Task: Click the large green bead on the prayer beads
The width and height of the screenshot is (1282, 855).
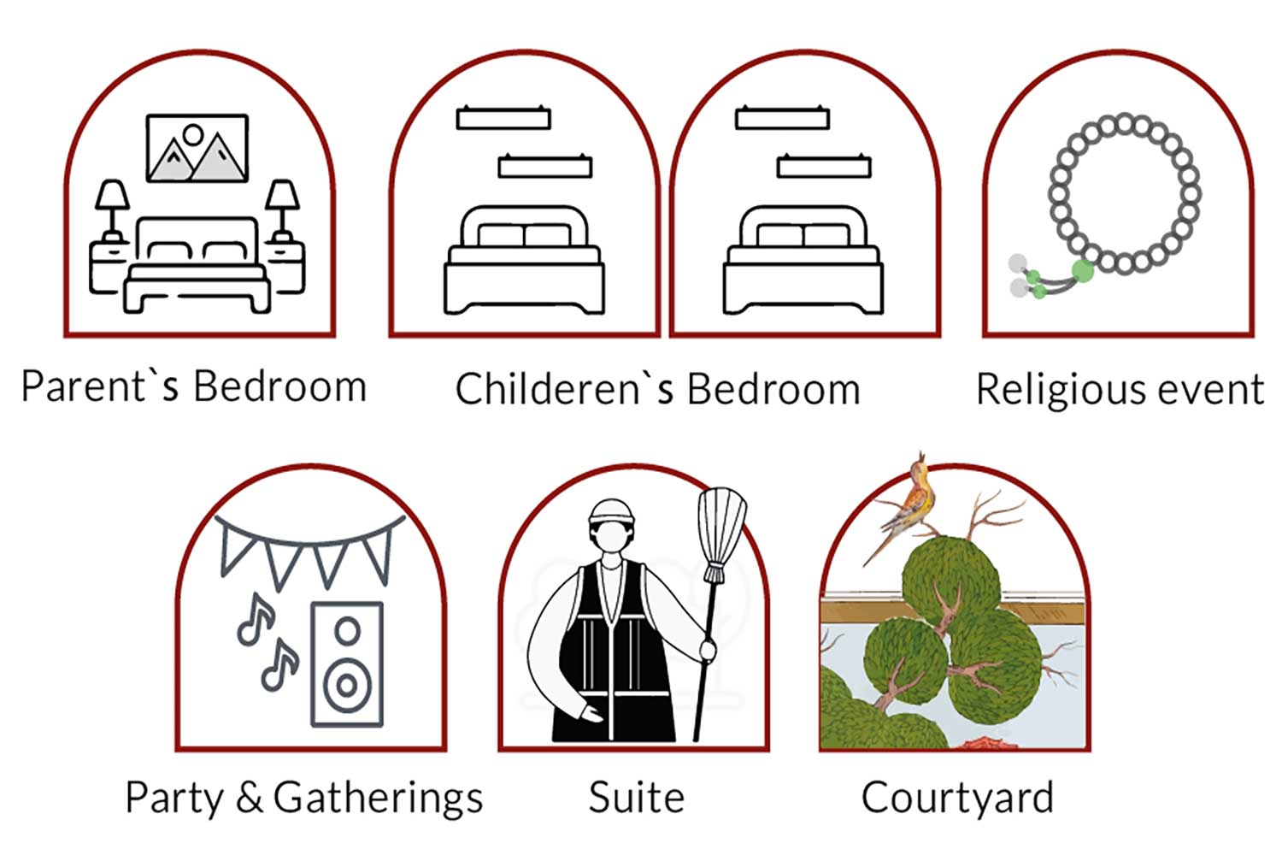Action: point(1082,271)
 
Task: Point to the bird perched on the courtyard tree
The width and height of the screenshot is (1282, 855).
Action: point(903,504)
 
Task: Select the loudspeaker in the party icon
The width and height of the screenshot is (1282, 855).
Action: point(347,664)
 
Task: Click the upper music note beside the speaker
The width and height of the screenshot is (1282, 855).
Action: point(256,620)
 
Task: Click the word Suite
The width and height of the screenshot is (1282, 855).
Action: point(637,797)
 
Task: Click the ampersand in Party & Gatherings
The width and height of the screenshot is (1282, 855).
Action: point(250,796)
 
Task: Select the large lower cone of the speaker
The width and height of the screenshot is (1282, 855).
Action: point(347,685)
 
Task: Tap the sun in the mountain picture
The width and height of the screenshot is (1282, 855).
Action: point(193,135)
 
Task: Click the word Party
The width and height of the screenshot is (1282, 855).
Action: point(174,799)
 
